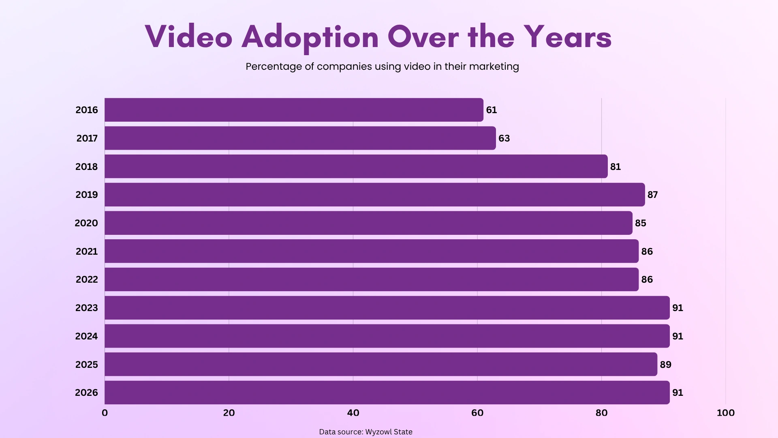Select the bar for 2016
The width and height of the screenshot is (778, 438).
click(294, 110)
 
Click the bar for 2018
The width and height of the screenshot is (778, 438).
click(356, 166)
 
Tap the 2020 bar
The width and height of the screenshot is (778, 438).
click(368, 223)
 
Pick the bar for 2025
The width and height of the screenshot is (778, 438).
click(381, 364)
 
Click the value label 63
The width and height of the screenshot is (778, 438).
click(504, 138)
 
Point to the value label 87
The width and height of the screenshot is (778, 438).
click(652, 195)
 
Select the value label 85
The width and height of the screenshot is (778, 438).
click(640, 223)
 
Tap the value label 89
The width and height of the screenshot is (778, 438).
click(665, 364)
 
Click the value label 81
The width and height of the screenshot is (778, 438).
click(615, 167)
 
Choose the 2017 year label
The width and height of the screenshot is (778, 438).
click(87, 138)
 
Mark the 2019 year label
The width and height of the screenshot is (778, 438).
click(87, 195)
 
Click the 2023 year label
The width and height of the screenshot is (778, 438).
click(87, 308)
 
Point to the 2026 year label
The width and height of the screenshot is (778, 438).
click(87, 393)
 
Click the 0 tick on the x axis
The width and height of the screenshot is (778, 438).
click(105, 413)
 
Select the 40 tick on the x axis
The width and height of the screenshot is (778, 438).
click(353, 413)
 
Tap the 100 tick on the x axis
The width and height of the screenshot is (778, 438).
click(725, 413)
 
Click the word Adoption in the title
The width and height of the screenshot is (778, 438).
click(310, 37)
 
